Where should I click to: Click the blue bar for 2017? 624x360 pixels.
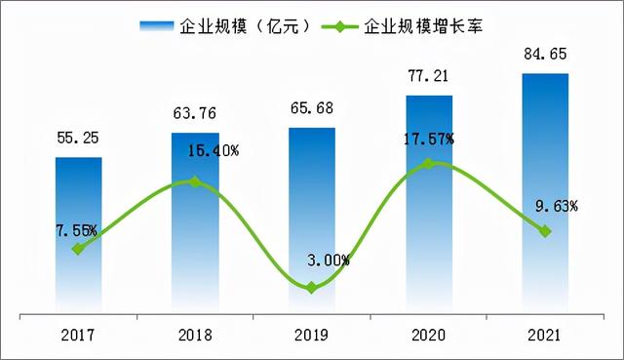[78, 234]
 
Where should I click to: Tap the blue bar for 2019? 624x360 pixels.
[311, 220]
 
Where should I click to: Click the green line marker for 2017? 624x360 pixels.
[78, 249]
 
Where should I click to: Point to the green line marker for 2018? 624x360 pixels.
[195, 181]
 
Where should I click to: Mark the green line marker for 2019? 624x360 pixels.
[311, 288]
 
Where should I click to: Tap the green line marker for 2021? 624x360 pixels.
[545, 231]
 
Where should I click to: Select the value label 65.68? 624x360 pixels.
[311, 109]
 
